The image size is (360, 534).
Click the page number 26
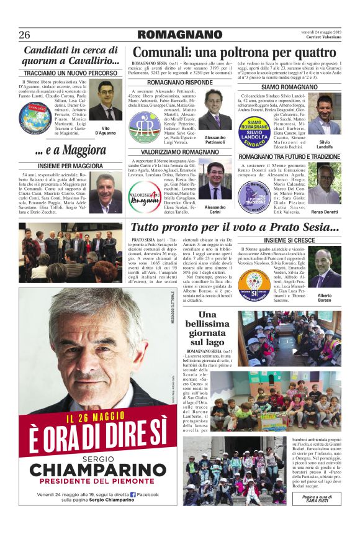pos(25,35)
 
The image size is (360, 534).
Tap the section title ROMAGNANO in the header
pos(181,35)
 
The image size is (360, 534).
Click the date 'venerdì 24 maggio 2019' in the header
pos(321,30)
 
